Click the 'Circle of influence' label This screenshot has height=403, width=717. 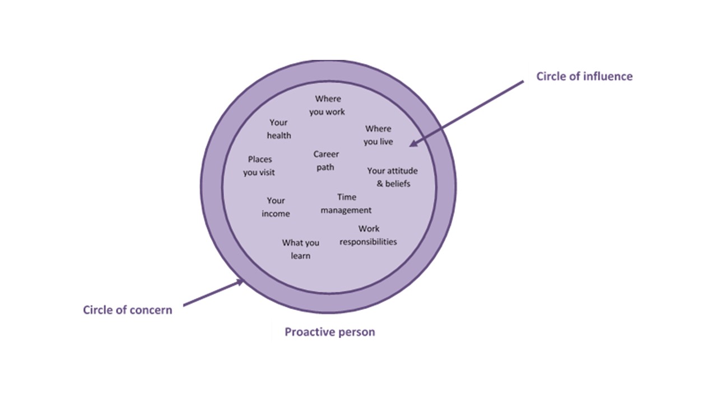[x=584, y=76]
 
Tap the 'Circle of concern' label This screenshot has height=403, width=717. [x=127, y=310]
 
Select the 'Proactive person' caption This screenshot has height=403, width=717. [x=329, y=332]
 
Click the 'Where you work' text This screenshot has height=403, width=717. [x=327, y=105]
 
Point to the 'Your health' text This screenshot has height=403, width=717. [x=278, y=129]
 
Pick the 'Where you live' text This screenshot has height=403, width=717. [x=378, y=135]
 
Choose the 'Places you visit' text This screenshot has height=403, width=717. [x=259, y=166]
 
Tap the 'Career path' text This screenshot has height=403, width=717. [x=325, y=161]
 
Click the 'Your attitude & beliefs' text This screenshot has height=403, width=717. [x=393, y=177]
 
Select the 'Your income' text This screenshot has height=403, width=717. [x=276, y=207]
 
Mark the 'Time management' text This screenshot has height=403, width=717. [x=346, y=204]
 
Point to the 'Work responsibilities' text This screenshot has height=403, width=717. [x=368, y=235]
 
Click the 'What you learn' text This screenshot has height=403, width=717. [x=301, y=249]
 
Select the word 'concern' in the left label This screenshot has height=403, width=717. [x=152, y=310]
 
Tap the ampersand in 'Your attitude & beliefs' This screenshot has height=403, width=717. [x=380, y=184]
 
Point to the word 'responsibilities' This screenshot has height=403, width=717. [x=368, y=242]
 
